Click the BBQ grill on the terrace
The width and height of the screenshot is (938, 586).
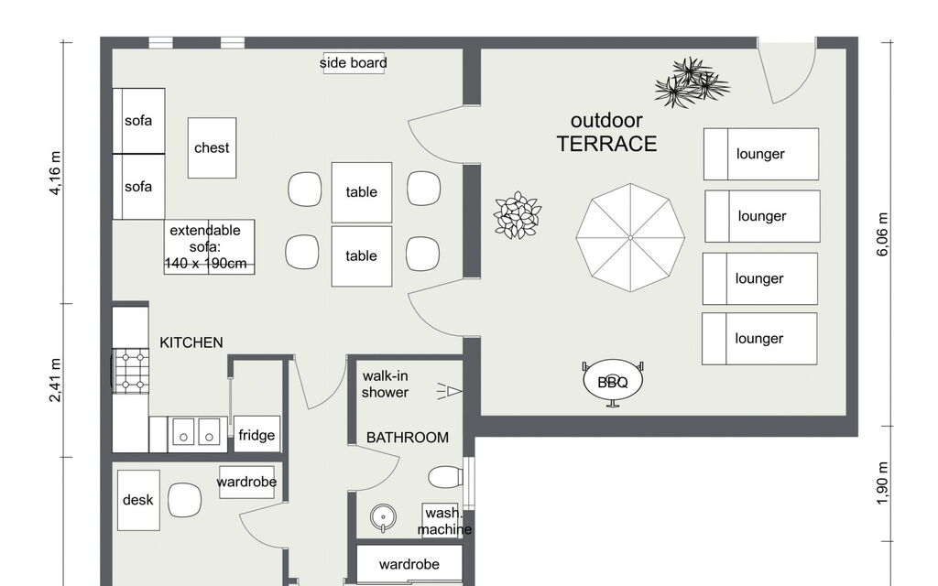pos(613,382)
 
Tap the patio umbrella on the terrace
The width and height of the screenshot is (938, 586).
pos(630,237)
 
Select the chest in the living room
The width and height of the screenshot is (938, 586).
pos(212,147)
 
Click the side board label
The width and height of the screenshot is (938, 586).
pos(353,63)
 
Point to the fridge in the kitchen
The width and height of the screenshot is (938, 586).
pos(256,434)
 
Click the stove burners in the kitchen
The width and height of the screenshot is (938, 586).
pos(132,371)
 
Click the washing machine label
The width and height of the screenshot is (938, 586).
pos(444,521)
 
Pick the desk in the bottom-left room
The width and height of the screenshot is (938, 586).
pos(138,500)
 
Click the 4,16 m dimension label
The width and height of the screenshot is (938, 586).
pos(55,173)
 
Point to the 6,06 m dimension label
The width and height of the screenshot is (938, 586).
pos(883,233)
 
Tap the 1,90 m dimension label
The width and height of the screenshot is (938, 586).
pos(883,483)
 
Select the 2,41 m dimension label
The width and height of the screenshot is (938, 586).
pos(55,380)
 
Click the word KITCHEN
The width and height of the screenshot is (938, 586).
pos(191,342)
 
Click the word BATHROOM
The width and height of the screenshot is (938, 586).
pos(408,438)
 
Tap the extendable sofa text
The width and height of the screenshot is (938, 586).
pos(205,247)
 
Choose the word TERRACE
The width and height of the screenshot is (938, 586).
pos(606,144)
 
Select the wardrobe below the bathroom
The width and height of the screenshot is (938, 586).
pos(409,563)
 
